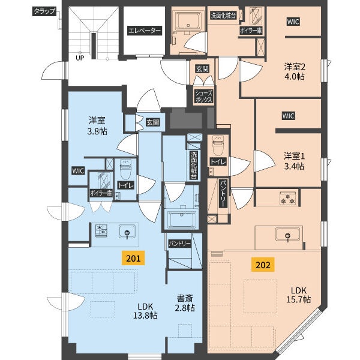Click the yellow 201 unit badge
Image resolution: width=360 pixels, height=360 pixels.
pos(133,258)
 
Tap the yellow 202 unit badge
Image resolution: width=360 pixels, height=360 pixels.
pos(263,265)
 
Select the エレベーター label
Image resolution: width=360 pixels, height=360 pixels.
pos(145,31)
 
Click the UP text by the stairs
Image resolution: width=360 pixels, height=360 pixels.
pos(80,58)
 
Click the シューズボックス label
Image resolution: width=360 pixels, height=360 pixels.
pos(203,96)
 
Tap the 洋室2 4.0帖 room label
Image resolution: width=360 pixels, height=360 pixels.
pos(295,71)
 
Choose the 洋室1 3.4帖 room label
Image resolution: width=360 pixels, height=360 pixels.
pos(294,161)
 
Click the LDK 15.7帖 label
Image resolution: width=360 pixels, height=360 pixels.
pos(298,295)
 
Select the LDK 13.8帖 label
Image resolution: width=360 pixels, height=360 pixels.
pos(145,311)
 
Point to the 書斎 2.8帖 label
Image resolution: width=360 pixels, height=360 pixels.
pos(185,303)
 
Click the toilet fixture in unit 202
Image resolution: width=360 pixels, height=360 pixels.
pos(218,145)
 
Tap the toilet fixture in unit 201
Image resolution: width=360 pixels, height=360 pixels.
pos(125,169)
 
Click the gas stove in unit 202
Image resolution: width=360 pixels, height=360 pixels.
pos(287,198)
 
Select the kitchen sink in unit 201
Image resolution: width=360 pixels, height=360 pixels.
pos(127,232)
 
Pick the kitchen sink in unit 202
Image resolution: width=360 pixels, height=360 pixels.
pos(287,235)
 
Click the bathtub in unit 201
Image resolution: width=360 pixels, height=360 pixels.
pos(182,220)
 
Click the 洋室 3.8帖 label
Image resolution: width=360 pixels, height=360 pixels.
pos(97,125)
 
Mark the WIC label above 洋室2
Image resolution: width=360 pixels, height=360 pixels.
pos(293,22)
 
